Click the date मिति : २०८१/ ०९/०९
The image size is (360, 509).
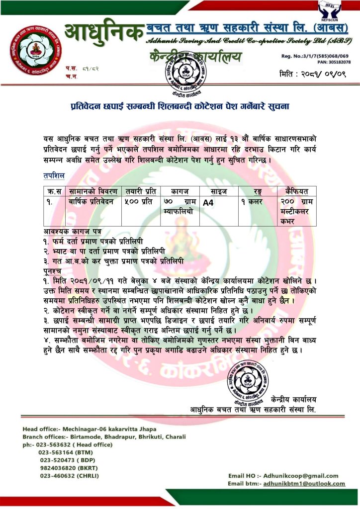313,74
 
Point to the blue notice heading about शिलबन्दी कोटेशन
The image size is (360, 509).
180,107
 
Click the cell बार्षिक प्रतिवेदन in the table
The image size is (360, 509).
91,202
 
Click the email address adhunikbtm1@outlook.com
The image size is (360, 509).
304,483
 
